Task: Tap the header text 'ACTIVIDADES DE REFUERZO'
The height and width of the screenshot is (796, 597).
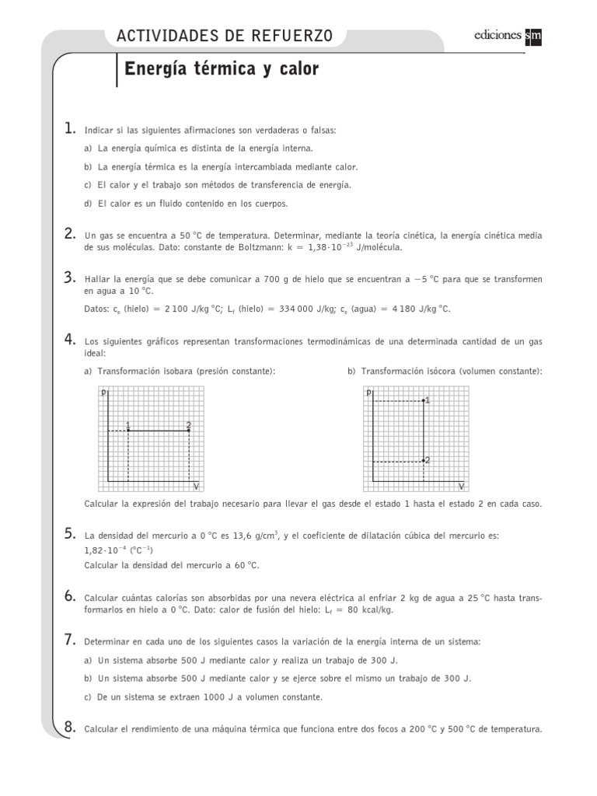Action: coord(224,35)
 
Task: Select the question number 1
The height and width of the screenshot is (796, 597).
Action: coord(70,128)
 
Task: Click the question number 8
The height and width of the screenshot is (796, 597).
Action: coord(70,728)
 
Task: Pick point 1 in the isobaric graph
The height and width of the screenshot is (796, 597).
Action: coord(127,430)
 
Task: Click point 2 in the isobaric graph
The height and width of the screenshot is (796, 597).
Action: coord(189,430)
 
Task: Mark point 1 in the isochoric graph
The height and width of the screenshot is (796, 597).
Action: coord(423,400)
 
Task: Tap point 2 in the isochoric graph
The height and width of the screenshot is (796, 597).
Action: coord(423,461)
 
